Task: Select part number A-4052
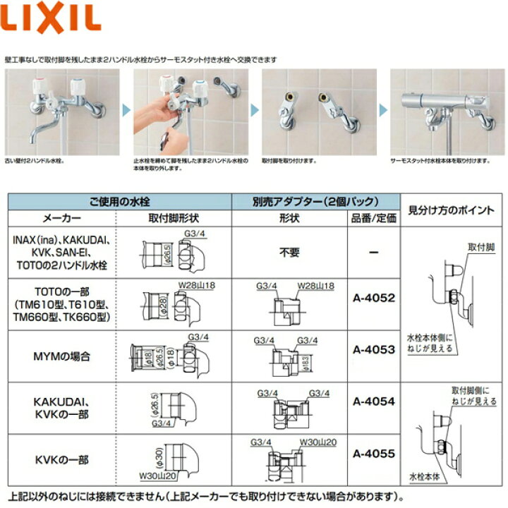tap(373, 298)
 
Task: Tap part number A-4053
tap(373, 349)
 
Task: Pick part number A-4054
tap(373, 401)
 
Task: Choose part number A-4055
tap(373, 454)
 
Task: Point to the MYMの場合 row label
tap(61, 356)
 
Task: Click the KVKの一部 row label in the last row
tap(61, 459)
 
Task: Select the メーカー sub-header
tap(61, 218)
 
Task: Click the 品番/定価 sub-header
tap(373, 218)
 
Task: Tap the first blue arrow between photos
tap(125, 110)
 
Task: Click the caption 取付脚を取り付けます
tap(289, 161)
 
